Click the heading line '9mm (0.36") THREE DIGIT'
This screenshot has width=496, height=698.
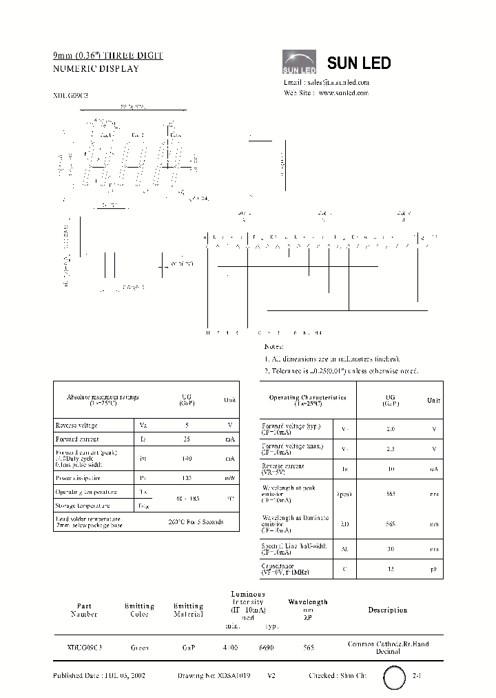(108, 55)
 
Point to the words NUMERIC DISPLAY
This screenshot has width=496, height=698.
(96, 68)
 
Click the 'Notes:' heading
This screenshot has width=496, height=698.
(274, 346)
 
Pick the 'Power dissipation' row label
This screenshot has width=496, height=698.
(78, 477)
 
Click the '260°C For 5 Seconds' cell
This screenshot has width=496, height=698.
(196, 521)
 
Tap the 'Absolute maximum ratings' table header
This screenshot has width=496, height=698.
(93, 400)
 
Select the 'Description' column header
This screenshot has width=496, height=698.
(388, 610)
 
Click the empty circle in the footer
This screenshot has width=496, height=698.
(395, 677)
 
